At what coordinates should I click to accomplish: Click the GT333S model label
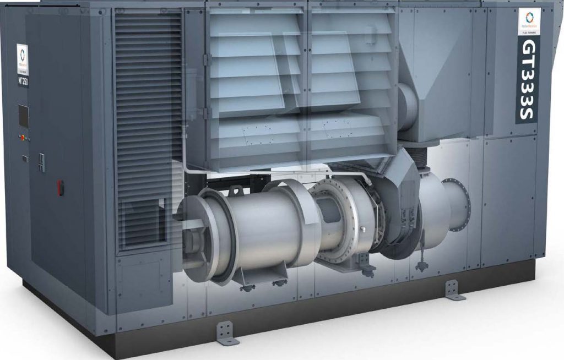(x=528, y=80)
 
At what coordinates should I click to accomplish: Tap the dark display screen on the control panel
(x=24, y=116)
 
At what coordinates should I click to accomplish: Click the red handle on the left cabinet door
(x=61, y=187)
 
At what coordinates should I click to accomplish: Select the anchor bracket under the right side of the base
(x=453, y=290)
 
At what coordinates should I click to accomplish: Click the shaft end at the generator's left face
(x=190, y=225)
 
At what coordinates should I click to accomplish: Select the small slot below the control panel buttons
(x=25, y=158)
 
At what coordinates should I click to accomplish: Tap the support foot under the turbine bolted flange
(x=365, y=263)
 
